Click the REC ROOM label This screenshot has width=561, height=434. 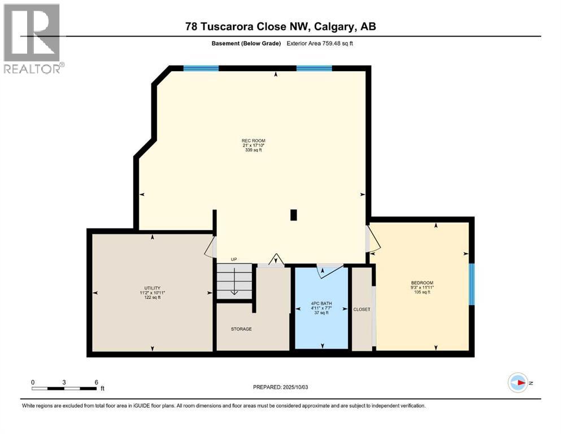(x=253, y=141)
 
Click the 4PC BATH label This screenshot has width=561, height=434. (x=321, y=303)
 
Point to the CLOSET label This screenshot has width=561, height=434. (x=362, y=309)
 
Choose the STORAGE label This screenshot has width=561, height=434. (x=241, y=329)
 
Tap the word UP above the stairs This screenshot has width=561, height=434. (x=233, y=259)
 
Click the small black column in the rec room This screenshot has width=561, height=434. (x=293, y=215)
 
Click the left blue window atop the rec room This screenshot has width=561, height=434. (x=201, y=68)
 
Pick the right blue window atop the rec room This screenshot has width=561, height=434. (x=314, y=68)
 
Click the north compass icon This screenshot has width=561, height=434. (x=518, y=383)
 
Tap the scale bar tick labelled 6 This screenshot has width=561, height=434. (x=97, y=382)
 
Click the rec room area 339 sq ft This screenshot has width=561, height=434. (x=253, y=151)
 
